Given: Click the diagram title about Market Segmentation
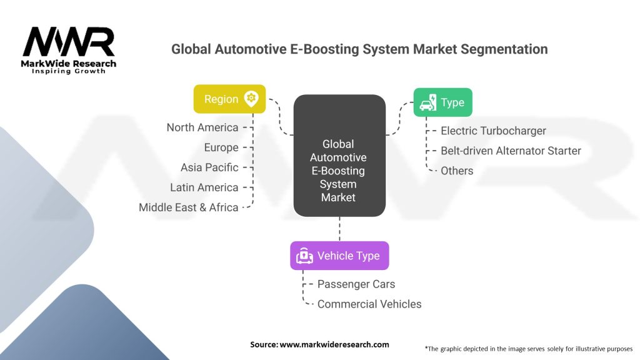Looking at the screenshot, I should [x=359, y=49].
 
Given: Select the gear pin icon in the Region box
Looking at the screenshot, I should [x=251, y=98].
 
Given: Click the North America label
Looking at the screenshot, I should [x=202, y=127].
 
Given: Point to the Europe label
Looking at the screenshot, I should [x=221, y=147].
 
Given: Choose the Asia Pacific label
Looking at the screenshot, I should [x=209, y=167].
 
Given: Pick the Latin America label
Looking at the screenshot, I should [x=204, y=187].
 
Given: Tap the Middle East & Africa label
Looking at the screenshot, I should [x=189, y=207].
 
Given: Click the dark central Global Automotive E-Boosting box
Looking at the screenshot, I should [x=339, y=156].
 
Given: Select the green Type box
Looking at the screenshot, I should [x=442, y=102].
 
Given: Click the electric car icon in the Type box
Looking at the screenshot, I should [x=427, y=102].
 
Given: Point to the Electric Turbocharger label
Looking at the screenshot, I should [x=493, y=131].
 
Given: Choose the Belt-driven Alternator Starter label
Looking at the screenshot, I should [x=511, y=151].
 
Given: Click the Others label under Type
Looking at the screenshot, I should [x=457, y=171].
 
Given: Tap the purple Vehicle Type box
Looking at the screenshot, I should [x=339, y=256].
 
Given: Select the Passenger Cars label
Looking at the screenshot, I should [x=356, y=284].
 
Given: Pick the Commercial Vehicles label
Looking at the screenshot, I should [x=369, y=304].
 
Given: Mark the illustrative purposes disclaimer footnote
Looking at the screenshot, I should [x=528, y=348].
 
